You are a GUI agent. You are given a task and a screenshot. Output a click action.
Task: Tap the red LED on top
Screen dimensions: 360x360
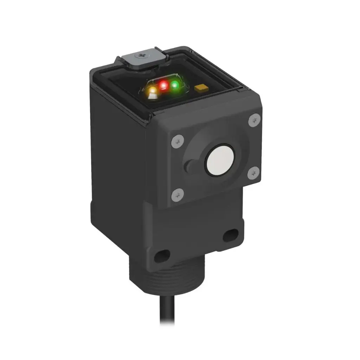[x=163, y=85]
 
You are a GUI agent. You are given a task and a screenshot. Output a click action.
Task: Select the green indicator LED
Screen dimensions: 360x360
[x=175, y=85]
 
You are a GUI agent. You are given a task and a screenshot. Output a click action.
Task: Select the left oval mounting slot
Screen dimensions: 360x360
[x=162, y=256]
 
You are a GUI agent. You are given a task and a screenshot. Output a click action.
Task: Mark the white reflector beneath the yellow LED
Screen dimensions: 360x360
[x=152, y=96]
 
